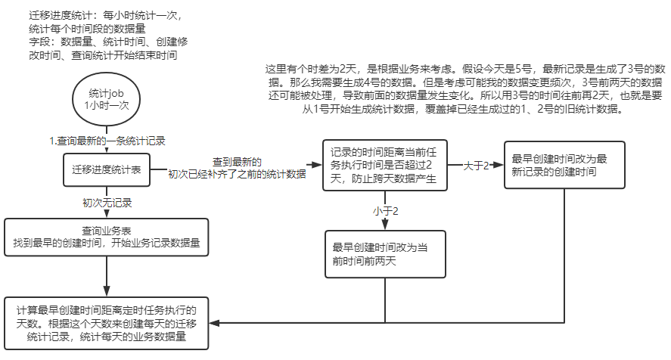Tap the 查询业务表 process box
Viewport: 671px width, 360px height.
106,237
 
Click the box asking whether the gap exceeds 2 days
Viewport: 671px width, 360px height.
384,166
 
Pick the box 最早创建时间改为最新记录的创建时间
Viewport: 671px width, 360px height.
565,166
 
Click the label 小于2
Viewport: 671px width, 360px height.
385,210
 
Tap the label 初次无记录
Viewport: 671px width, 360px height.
107,203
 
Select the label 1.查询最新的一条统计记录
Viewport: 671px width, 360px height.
107,141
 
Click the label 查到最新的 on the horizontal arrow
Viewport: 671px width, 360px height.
236,162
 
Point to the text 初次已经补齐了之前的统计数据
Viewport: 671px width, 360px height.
236,174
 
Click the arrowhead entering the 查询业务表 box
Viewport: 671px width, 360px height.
106,215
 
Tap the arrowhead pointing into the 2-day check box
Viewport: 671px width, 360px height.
317,165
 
